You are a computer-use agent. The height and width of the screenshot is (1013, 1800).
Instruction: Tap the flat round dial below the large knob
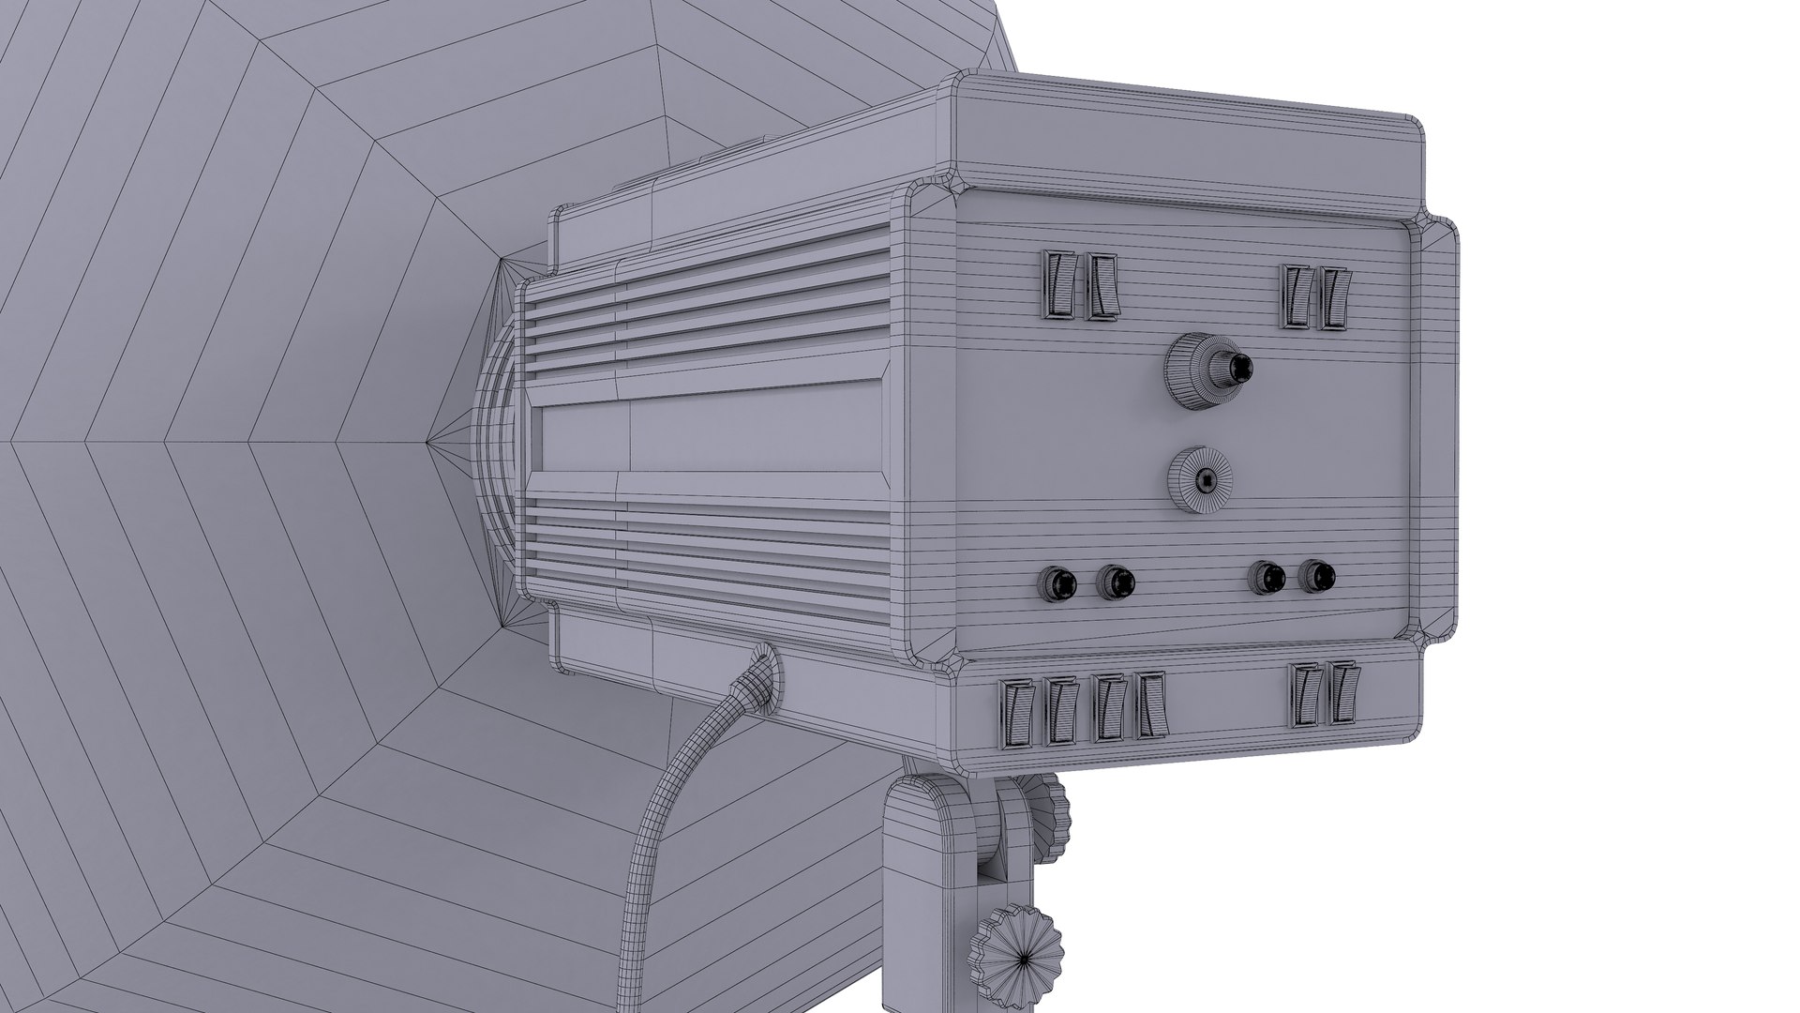[x=1199, y=479]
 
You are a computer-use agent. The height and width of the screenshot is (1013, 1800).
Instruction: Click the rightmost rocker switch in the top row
[x=1334, y=297]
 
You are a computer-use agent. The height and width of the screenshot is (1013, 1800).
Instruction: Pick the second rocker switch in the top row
[x=1102, y=286]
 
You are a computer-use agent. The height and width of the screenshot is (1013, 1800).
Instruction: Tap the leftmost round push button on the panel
[x=1057, y=584]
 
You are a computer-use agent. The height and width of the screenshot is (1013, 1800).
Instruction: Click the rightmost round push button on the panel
[x=1317, y=576]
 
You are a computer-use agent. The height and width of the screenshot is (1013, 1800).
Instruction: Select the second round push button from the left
[x=1115, y=582]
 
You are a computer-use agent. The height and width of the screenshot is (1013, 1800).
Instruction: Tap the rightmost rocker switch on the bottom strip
[x=1343, y=693]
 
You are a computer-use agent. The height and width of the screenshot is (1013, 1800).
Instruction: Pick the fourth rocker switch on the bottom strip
[x=1150, y=704]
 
